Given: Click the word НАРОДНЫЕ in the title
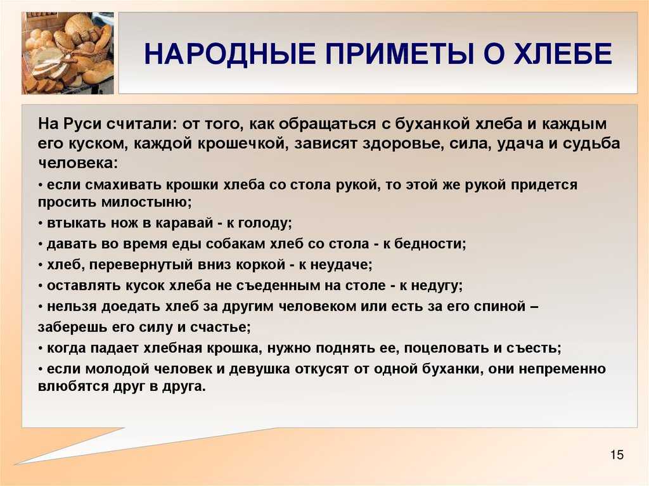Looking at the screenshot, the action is [x=229, y=54].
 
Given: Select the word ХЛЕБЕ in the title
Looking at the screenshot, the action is [x=563, y=54].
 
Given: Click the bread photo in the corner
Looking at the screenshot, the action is [x=67, y=53].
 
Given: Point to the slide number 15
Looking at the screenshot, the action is [x=616, y=454].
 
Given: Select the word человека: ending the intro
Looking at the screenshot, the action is [x=78, y=163].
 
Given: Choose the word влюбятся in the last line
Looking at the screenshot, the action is [x=73, y=387].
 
